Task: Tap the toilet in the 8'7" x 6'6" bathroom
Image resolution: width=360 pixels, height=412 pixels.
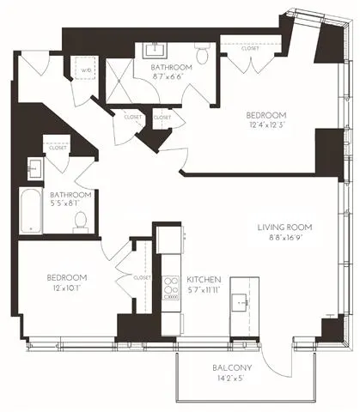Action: pos(203,55)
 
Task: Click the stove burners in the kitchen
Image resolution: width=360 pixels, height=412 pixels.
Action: pos(169,286)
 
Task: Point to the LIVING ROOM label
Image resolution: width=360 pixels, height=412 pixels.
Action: pos(284,227)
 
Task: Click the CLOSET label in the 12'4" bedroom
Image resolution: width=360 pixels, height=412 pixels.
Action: pos(250,49)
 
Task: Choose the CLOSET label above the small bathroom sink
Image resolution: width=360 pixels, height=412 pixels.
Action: pos(58,148)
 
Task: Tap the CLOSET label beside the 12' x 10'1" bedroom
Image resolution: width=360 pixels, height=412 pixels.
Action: pos(142,278)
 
